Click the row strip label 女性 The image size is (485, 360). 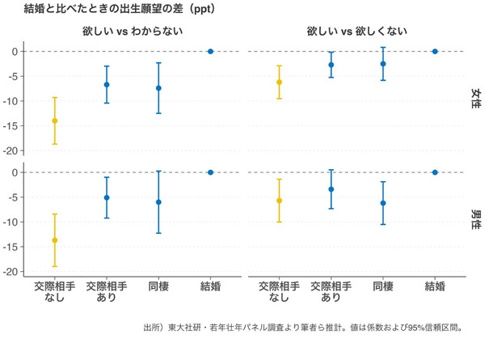point(476,101)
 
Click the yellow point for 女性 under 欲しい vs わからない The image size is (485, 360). point(55,121)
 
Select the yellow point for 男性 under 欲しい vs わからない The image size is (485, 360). point(55,240)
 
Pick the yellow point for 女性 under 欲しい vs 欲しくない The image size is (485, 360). point(279,82)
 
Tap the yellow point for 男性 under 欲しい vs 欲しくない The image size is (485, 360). point(279,201)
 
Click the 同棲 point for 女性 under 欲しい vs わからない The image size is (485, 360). point(158,88)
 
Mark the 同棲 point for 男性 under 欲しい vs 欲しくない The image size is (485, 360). point(383,203)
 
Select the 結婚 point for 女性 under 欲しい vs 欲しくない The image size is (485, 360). point(435,51)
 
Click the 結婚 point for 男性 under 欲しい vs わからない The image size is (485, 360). point(210,172)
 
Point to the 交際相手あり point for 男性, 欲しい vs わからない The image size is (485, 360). point(107,198)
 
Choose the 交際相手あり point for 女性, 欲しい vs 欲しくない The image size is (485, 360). point(331,65)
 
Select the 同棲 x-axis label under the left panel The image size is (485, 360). point(158,286)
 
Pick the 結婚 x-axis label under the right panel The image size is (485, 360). point(435,286)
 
